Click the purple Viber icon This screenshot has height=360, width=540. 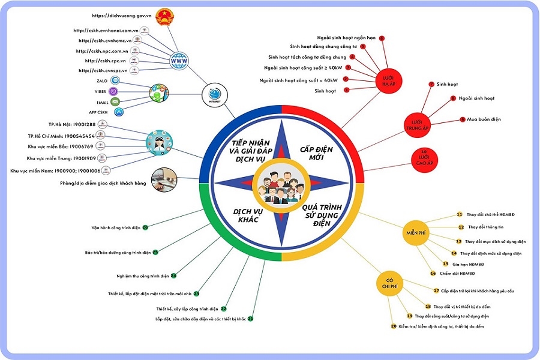pos(115,91)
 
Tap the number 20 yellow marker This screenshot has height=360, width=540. pos(394,326)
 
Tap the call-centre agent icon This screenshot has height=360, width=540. pos(158,141)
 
